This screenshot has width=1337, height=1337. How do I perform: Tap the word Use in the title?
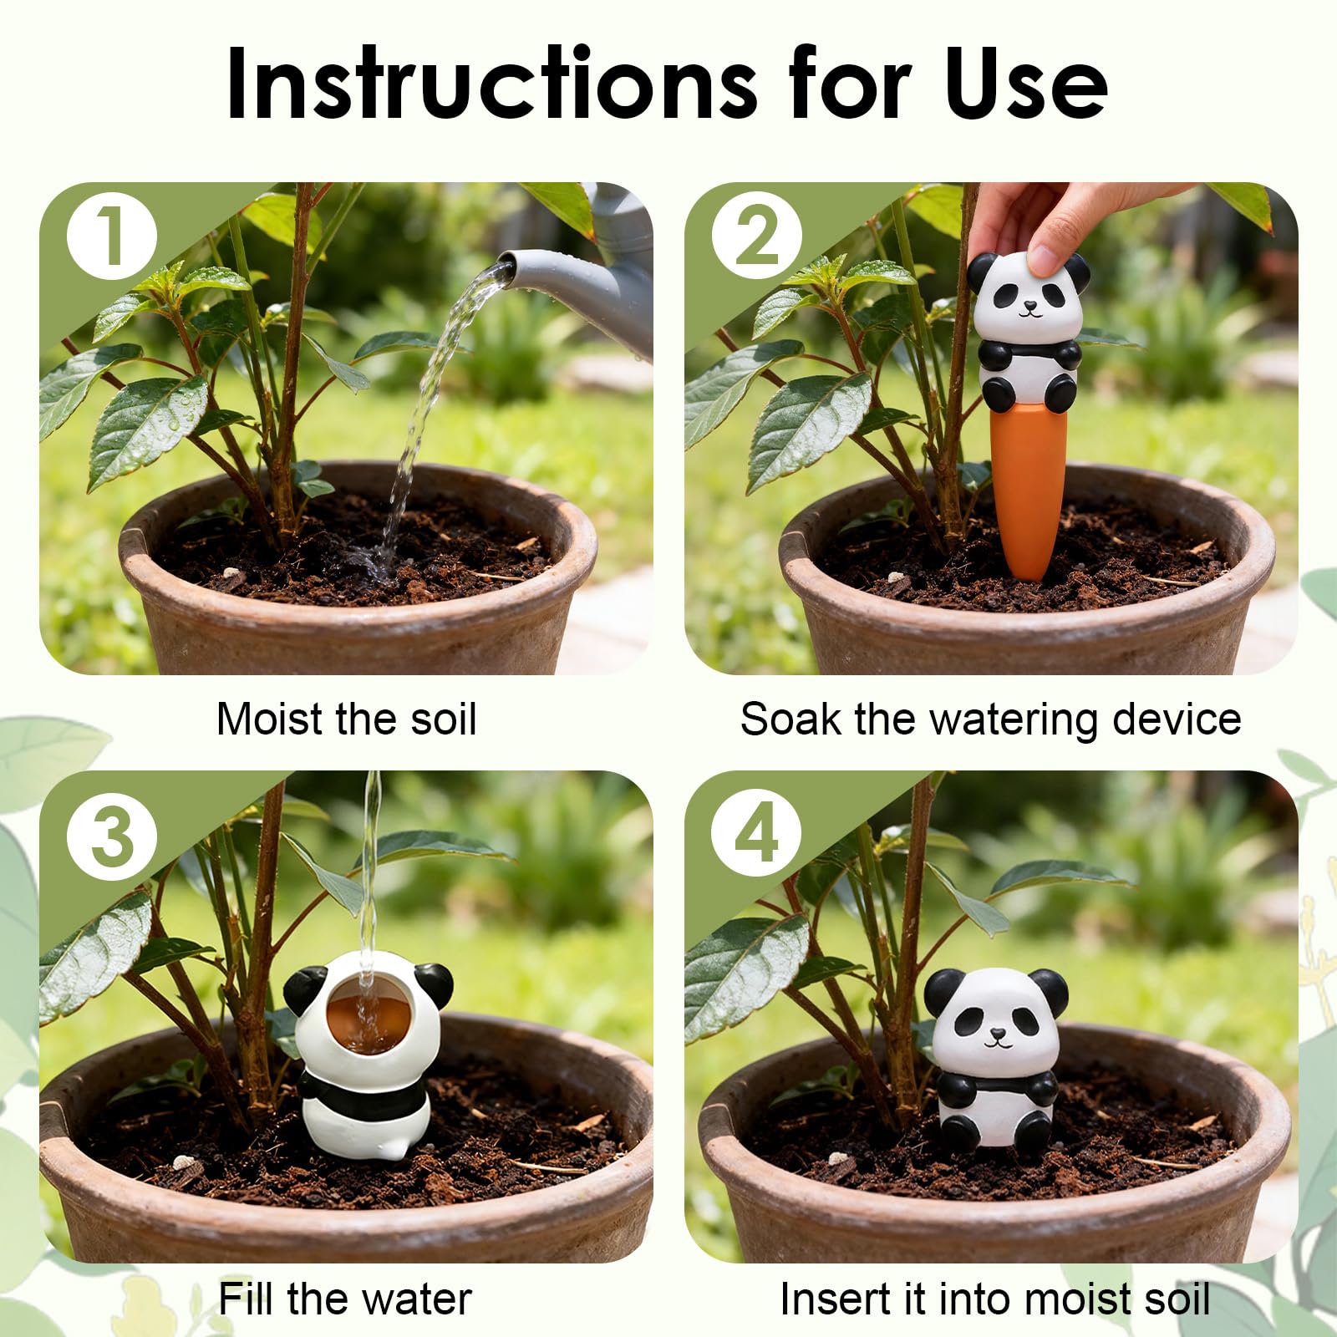[x=1027, y=84]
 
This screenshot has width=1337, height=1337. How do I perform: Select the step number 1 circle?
[x=112, y=236]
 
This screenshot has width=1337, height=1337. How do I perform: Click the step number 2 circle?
[x=757, y=236]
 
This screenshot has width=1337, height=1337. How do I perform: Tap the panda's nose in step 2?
[x=1029, y=308]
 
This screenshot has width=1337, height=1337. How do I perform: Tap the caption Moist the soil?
[x=346, y=719]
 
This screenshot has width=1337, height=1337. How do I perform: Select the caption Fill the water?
[x=345, y=1299]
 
